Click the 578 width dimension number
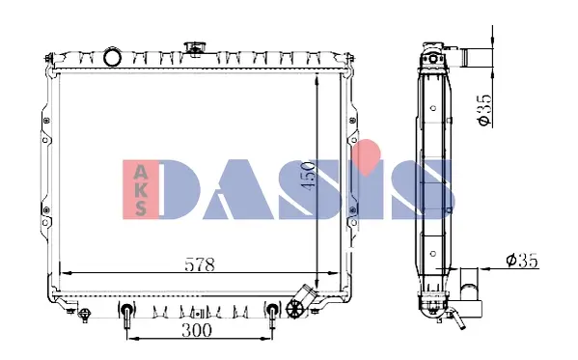pyautogui.click(x=200, y=263)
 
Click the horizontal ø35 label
pyautogui.click(x=522, y=260)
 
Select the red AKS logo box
pyautogui.click(x=142, y=187)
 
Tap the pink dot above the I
pyautogui.click(x=365, y=152)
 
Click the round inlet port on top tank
pyautogui.click(x=112, y=57)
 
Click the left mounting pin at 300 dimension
pyautogui.click(x=126, y=315)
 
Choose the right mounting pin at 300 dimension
pyautogui.click(x=272, y=315)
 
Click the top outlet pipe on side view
pyautogui.click(x=476, y=57)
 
